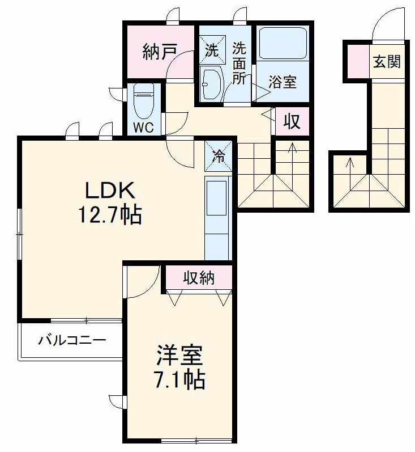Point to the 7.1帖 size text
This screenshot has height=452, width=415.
pos(179,379)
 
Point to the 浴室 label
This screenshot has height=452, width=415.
pos(283,83)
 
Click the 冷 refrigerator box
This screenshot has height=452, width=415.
pos(218,155)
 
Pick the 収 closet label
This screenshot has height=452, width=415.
pos(292,121)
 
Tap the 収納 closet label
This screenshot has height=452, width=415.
pos(198,278)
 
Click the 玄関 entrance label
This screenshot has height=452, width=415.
pos(387,61)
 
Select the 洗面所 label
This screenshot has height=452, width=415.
pos(239,64)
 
